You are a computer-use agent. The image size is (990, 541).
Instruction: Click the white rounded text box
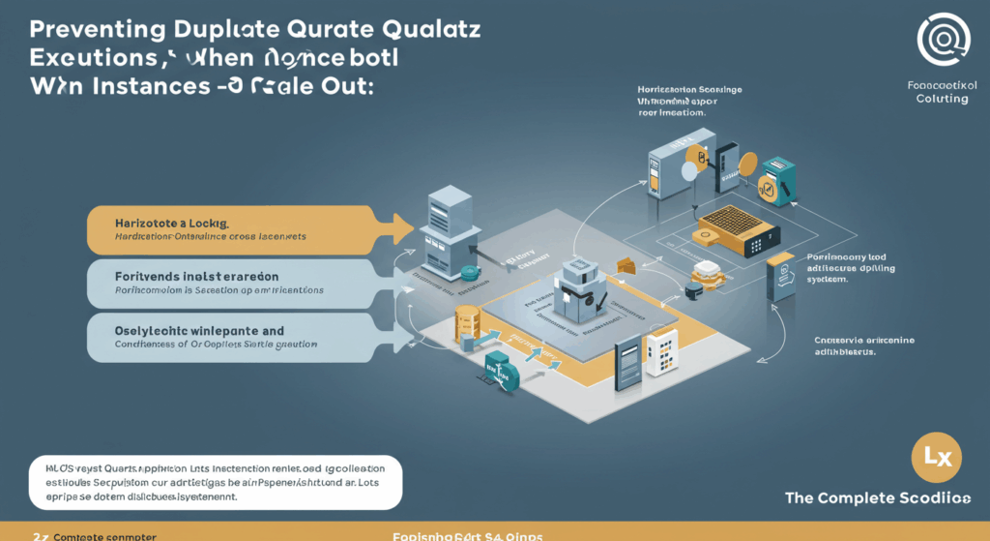(215, 481)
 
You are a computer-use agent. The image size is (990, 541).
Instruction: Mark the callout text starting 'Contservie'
(863, 346)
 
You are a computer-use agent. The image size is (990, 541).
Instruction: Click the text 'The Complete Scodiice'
(878, 498)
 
